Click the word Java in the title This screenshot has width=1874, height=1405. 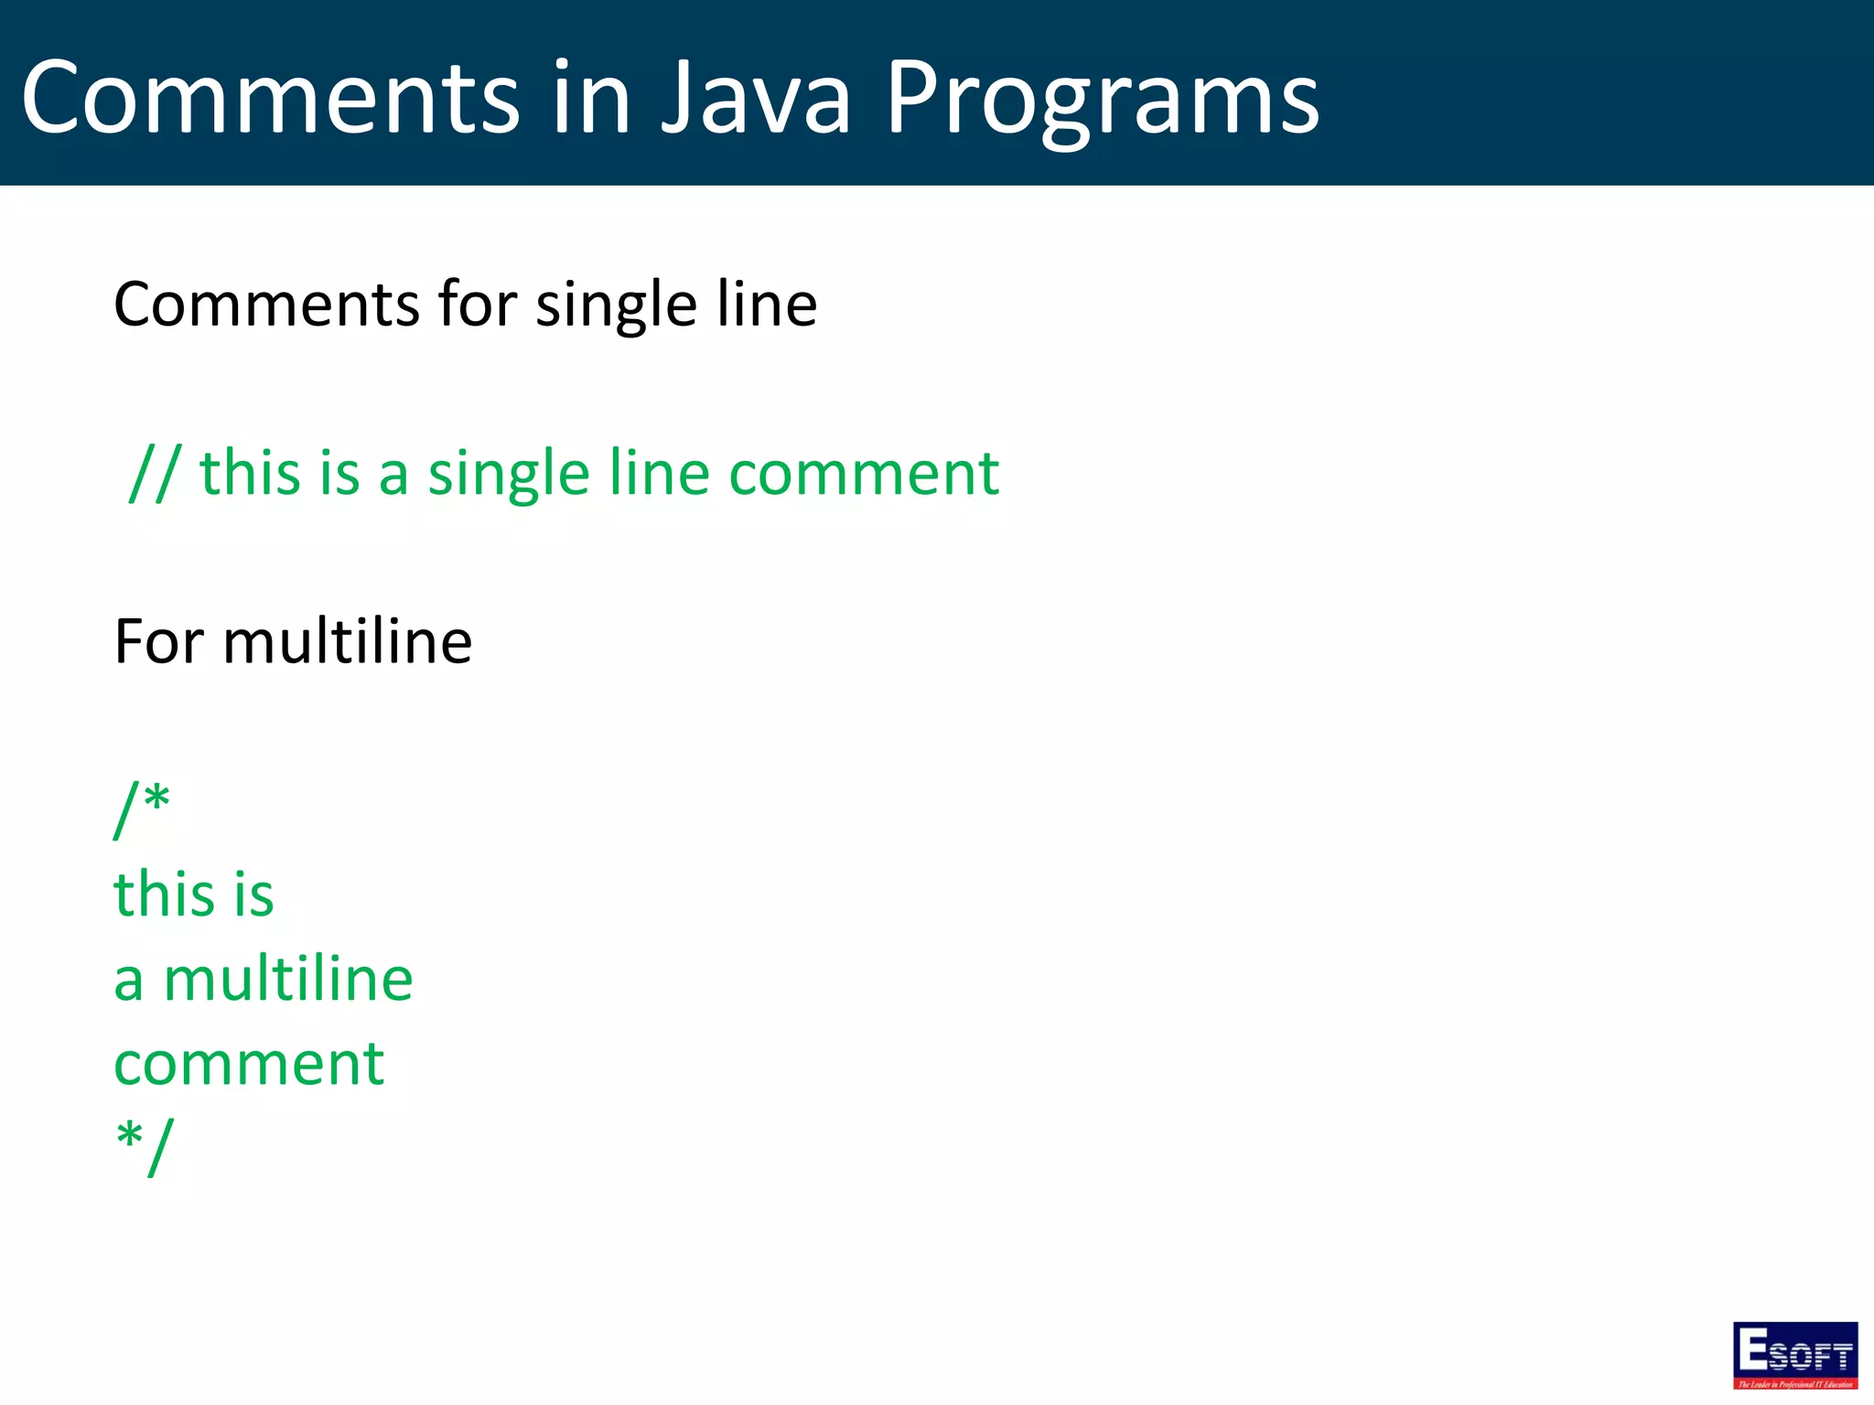tap(756, 98)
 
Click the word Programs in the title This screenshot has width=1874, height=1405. tap(1102, 98)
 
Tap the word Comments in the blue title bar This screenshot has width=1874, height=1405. tap(271, 98)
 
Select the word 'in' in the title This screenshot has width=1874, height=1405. tap(591, 98)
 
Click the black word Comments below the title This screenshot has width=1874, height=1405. tap(269, 305)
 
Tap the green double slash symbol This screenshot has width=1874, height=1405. tap(156, 473)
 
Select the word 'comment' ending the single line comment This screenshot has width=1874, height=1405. tap(864, 475)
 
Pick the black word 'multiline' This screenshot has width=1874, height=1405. tap(348, 642)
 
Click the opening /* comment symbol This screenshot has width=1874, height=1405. tap(142, 808)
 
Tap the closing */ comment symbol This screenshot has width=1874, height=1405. tap(144, 1145)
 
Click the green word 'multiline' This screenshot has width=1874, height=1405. tap(288, 980)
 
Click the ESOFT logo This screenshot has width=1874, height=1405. tap(1794, 1355)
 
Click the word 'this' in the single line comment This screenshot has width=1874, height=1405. tap(250, 473)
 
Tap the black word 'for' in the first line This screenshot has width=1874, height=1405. tap(477, 305)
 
